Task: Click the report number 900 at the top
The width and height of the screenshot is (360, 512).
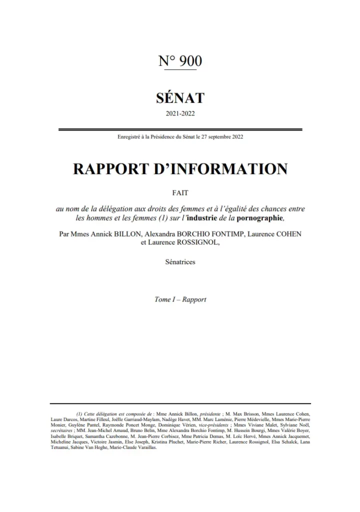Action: (x=189, y=61)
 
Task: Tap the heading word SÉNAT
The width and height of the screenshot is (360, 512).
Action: (x=180, y=95)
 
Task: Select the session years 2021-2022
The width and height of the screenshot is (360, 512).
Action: (x=180, y=113)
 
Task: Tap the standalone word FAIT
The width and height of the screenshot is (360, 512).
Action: (x=180, y=192)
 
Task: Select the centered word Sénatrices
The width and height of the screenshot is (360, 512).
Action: (x=180, y=261)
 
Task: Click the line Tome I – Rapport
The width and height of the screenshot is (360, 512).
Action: (x=180, y=299)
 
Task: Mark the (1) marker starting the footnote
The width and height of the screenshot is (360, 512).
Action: (x=79, y=414)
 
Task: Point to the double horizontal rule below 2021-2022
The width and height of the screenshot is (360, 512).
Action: (x=180, y=129)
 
